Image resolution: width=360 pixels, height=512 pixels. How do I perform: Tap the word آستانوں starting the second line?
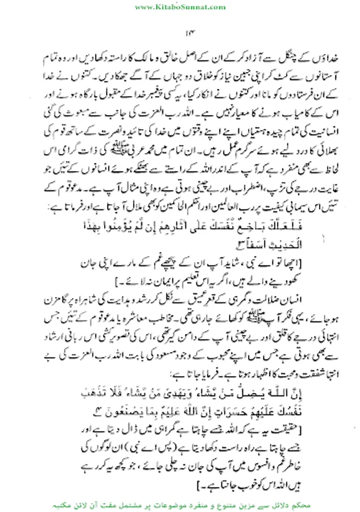(x=318, y=76)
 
